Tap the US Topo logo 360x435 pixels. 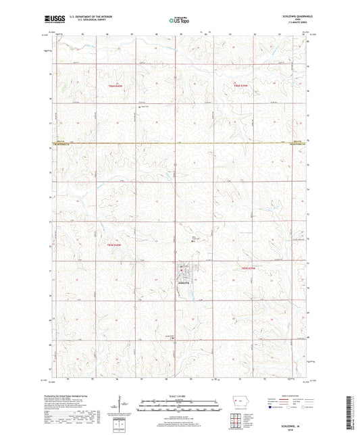(179, 20)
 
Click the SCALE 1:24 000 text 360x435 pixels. (179, 394)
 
